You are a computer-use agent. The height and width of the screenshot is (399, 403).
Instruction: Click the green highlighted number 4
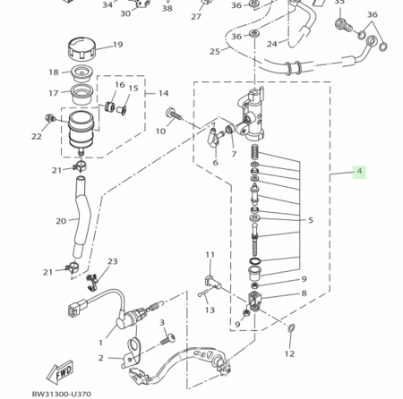point(359,171)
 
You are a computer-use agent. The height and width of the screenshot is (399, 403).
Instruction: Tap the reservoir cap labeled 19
point(82,48)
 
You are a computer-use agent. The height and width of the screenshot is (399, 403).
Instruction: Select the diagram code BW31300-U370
point(62,394)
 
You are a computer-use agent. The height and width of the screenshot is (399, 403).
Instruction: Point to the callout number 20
point(61,221)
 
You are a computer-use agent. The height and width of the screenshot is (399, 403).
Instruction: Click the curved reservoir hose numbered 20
point(81,216)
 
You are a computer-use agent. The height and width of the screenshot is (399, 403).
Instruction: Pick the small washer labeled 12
point(291,328)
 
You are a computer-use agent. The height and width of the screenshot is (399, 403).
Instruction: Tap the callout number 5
point(311,220)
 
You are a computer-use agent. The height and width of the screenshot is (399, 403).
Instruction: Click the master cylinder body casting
point(253,115)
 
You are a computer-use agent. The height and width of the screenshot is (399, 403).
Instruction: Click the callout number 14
point(163,93)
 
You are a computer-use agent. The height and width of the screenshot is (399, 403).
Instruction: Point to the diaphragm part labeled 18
point(82,73)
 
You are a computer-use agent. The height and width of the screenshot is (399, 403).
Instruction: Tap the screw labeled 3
point(167,339)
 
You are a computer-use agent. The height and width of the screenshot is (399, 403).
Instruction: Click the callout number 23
point(113,261)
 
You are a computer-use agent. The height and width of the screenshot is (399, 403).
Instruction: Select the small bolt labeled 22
point(50,118)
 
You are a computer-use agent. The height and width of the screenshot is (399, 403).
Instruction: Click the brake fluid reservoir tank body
point(81,131)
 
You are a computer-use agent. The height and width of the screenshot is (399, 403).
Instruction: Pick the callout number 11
point(210,255)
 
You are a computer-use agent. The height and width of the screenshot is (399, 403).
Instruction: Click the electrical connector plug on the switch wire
point(76,307)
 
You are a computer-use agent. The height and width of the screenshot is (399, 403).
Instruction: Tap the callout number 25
point(215,51)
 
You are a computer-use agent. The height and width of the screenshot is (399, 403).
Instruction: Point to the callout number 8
point(304,293)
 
